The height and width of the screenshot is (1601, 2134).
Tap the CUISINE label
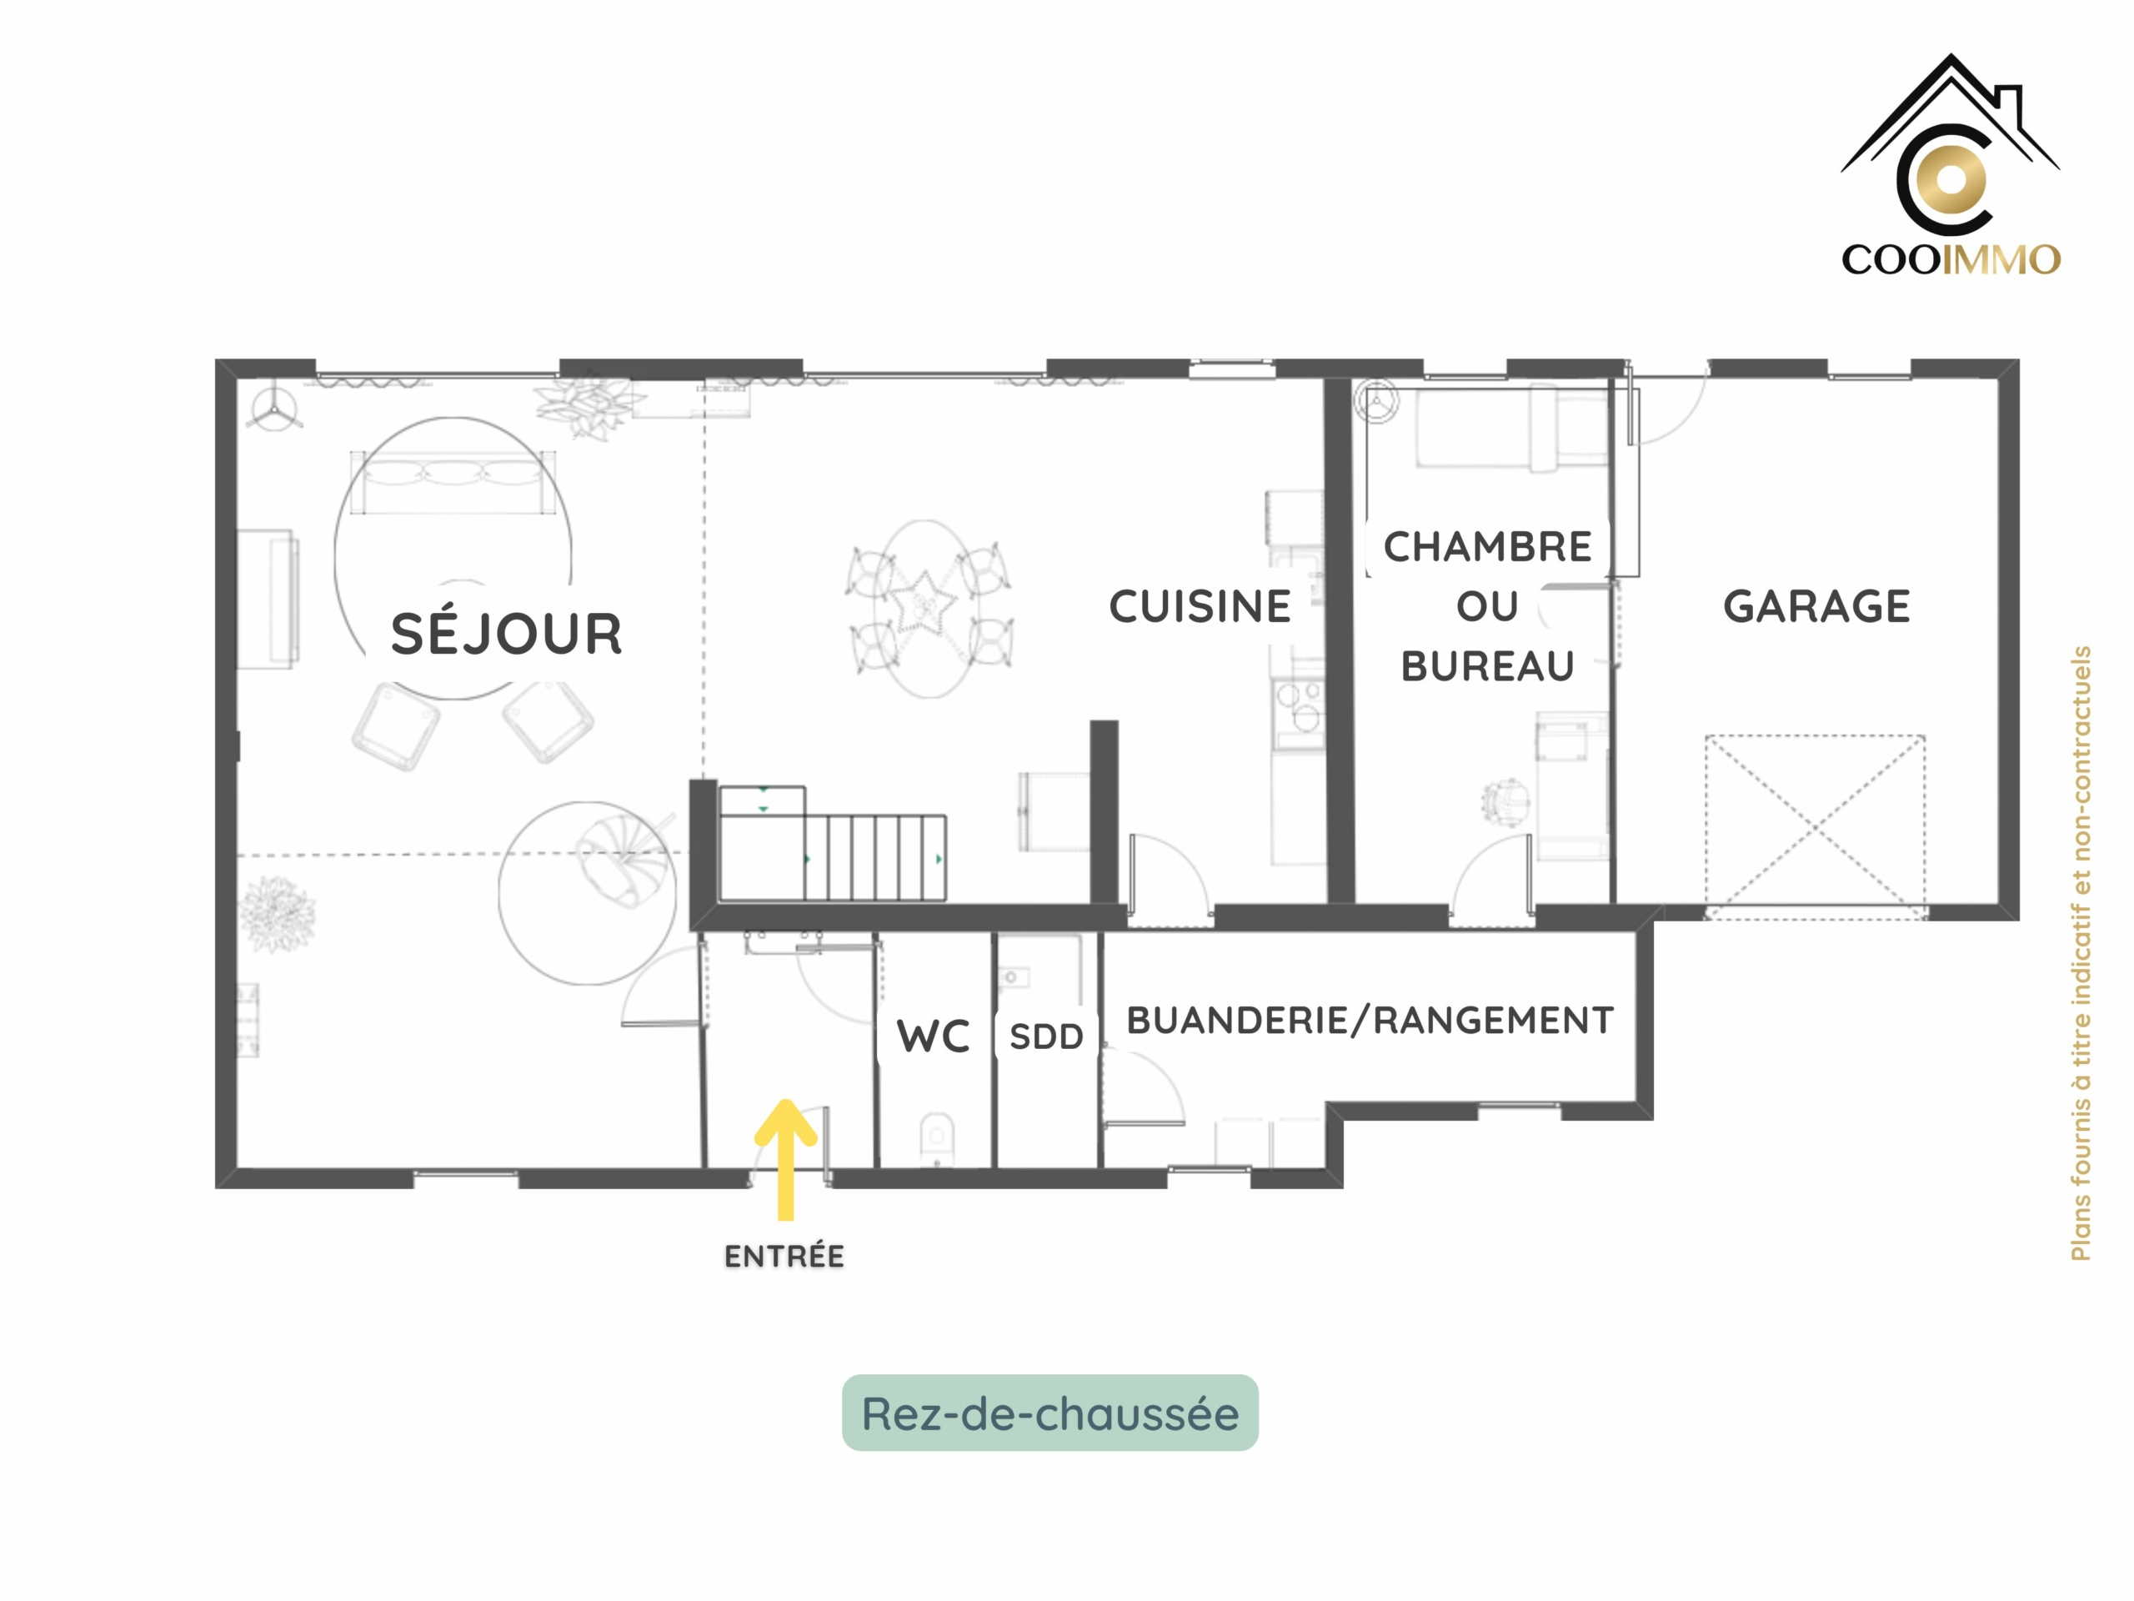coord(1200,607)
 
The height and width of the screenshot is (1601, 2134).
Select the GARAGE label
coord(1816,607)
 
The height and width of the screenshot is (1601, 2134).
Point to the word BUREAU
coord(1488,667)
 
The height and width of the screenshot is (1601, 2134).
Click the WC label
coord(933,1036)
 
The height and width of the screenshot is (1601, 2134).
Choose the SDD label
coord(1047,1037)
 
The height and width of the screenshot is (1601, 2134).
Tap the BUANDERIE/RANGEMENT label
coord(1370,1020)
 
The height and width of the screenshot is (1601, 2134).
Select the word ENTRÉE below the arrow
coord(784,1256)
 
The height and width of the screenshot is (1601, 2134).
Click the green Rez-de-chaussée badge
coord(1049,1413)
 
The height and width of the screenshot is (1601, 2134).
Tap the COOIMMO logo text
coord(1951,259)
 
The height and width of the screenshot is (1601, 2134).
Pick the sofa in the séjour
coord(453,483)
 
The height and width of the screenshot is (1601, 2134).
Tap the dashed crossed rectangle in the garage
coord(1816,827)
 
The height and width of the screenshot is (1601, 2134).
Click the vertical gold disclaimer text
coord(2081,953)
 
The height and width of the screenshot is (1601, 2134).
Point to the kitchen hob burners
coord(1298,706)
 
